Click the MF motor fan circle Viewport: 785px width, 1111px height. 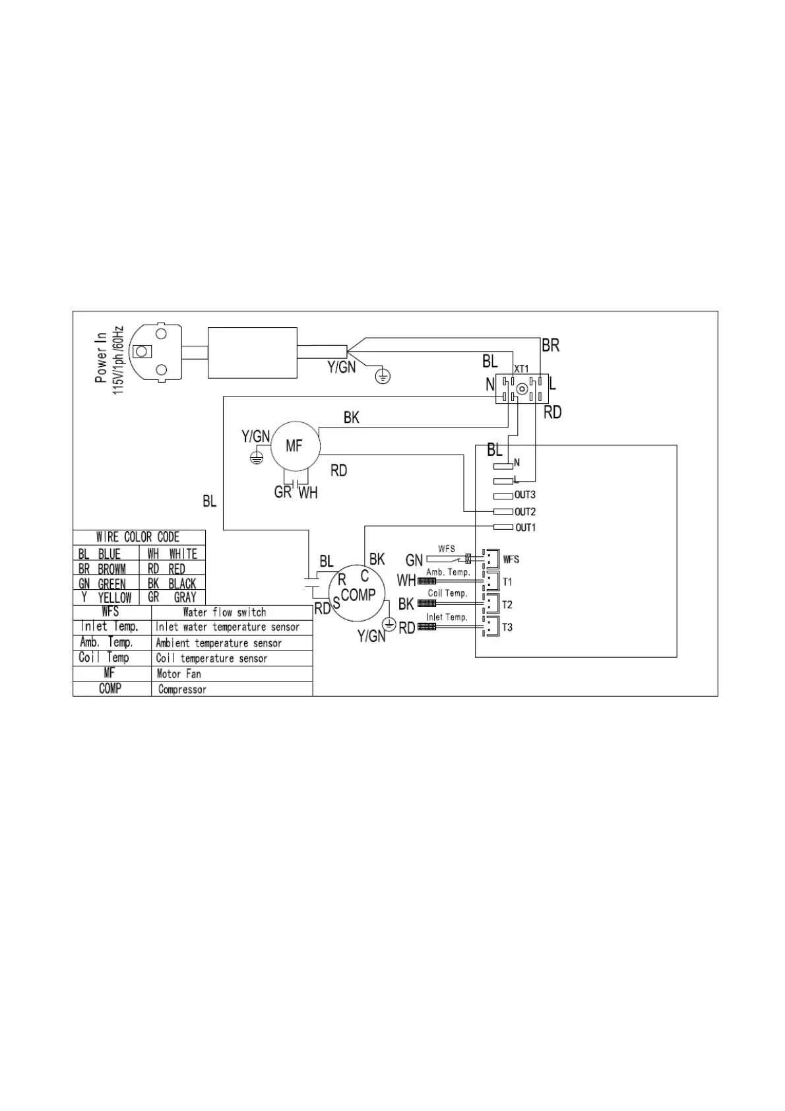(294, 447)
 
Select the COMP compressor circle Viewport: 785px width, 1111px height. (358, 594)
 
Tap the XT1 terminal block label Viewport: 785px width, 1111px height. (521, 369)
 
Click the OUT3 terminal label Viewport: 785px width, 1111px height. (525, 495)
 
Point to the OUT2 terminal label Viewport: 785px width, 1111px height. (525, 512)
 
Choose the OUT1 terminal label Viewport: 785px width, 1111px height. (525, 528)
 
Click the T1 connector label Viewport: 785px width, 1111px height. (507, 582)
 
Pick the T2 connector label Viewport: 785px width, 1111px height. (507, 604)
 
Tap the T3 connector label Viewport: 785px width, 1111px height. (507, 627)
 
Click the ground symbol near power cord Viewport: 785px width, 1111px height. (383, 377)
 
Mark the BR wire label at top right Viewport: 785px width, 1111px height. (550, 345)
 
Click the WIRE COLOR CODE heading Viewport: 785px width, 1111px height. (138, 537)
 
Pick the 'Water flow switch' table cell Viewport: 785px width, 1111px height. (224, 612)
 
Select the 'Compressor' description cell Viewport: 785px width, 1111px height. (182, 689)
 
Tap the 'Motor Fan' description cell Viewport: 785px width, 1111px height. (179, 674)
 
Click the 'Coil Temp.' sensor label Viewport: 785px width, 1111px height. (447, 593)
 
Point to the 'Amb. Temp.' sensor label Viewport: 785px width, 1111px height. (448, 572)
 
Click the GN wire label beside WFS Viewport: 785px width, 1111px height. (414, 560)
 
